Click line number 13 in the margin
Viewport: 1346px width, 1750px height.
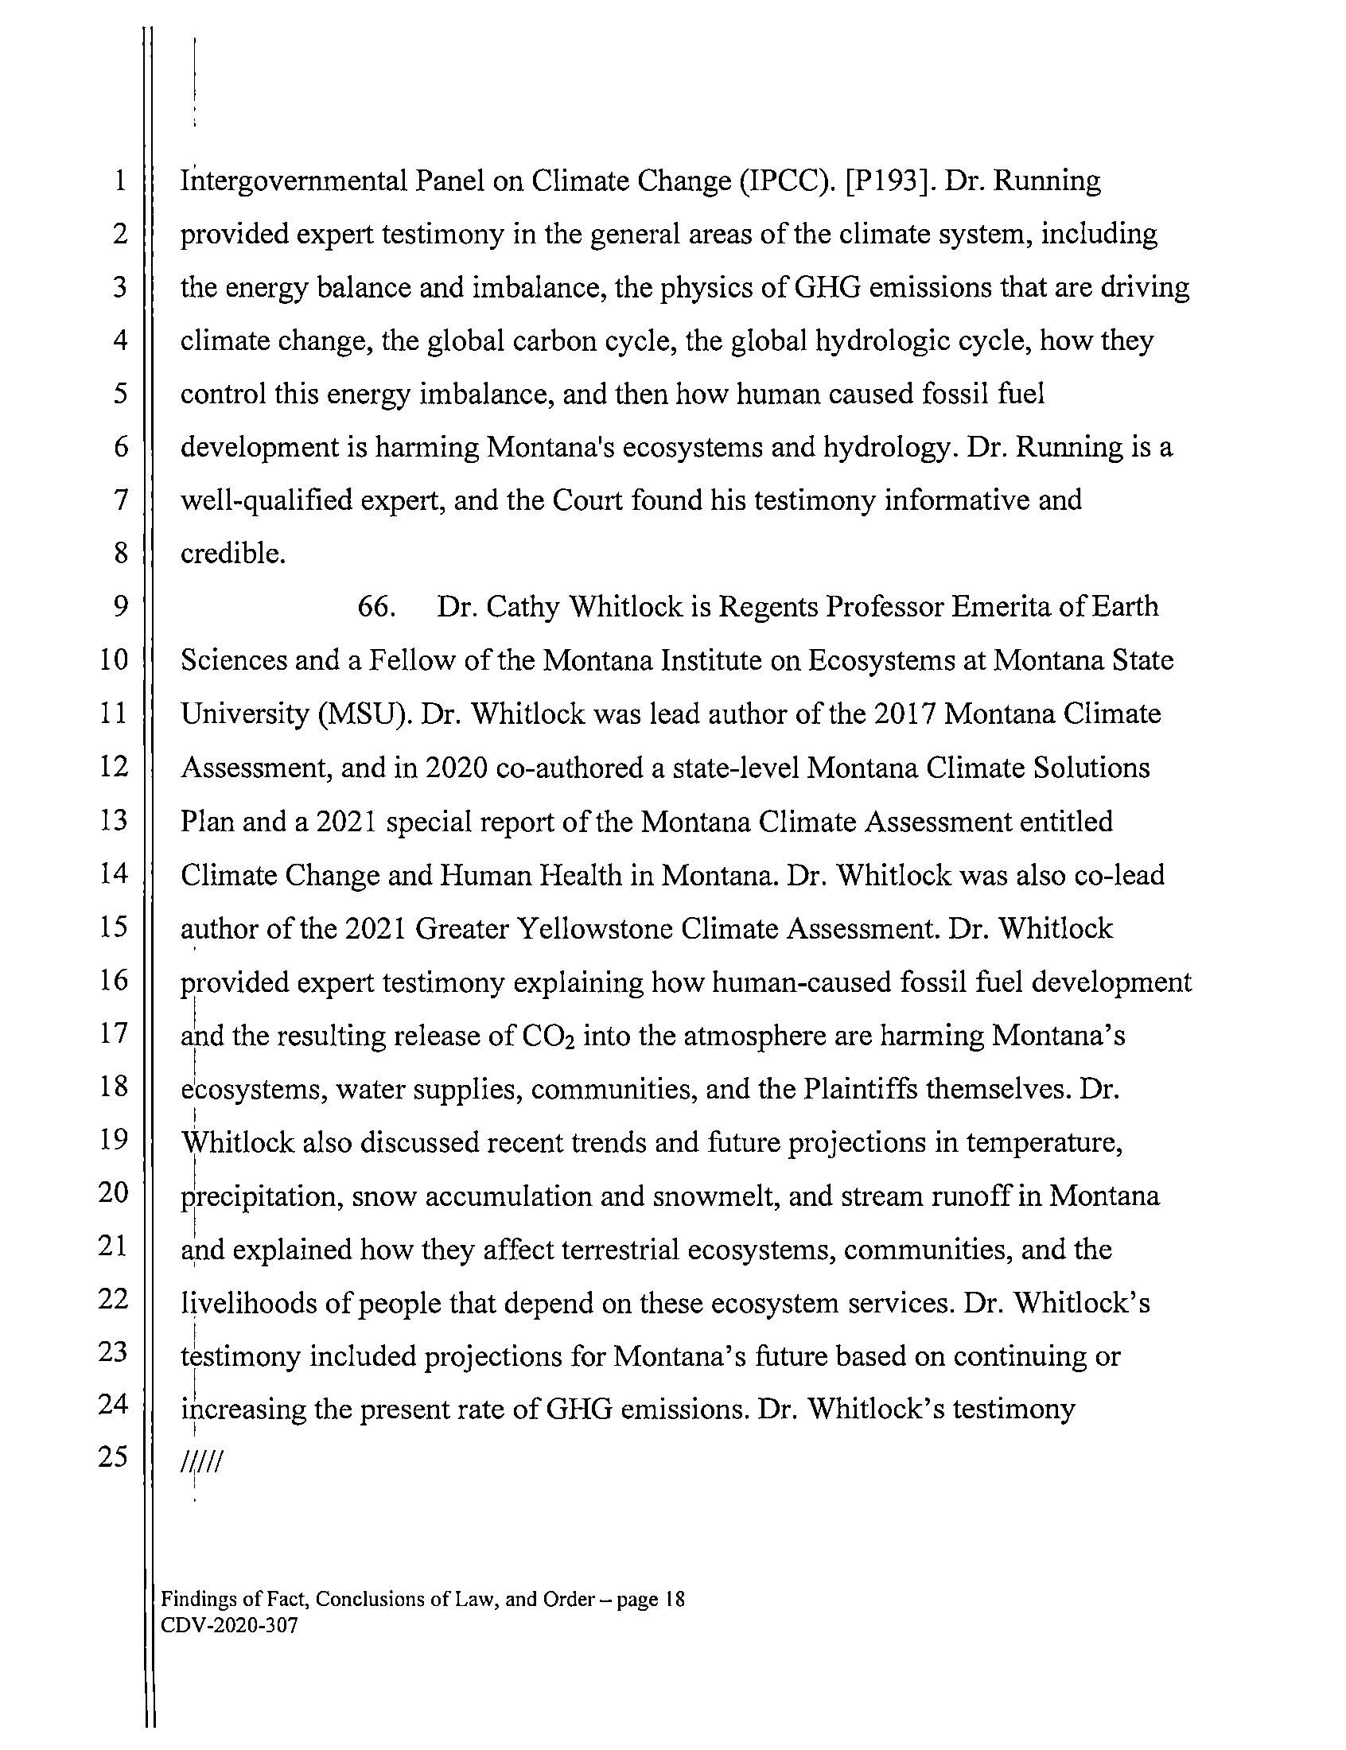(x=114, y=820)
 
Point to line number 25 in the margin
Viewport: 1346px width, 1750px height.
(x=114, y=1456)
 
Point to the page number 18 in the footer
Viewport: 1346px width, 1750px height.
(x=675, y=1600)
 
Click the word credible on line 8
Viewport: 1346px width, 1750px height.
(x=232, y=554)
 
